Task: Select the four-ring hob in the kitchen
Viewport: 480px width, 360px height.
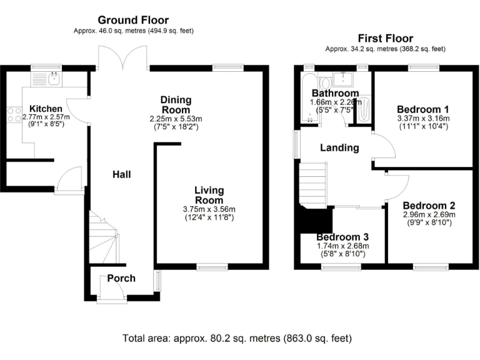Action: (x=13, y=114)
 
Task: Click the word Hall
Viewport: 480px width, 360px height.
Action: (x=121, y=174)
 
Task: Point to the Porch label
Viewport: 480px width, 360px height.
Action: (x=121, y=277)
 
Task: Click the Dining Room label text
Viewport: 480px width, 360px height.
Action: (x=176, y=105)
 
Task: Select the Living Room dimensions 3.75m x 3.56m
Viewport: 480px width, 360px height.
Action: (x=209, y=209)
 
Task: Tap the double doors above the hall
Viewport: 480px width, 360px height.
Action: (x=123, y=61)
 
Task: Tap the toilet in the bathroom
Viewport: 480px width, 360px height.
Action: (x=324, y=84)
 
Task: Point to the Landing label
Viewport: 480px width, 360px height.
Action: (x=339, y=148)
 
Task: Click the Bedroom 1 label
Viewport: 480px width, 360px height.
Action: (x=423, y=107)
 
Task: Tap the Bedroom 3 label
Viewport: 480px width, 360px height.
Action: (x=342, y=237)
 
